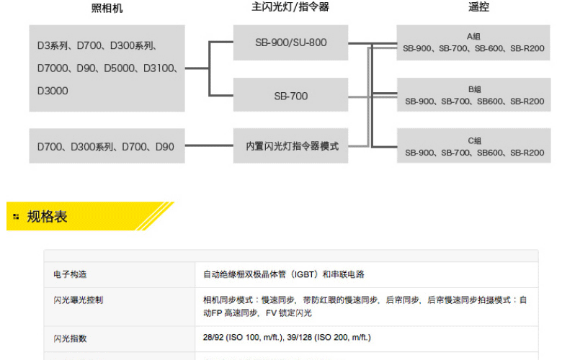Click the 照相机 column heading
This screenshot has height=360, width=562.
click(107, 8)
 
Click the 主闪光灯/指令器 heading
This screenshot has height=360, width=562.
click(290, 8)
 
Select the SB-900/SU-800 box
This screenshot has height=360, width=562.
click(290, 42)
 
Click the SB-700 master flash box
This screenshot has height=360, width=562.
click(290, 96)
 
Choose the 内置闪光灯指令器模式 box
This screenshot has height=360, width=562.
click(290, 146)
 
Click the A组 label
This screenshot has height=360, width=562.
click(474, 37)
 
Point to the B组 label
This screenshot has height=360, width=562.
click(474, 89)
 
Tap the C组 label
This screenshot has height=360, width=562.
click(474, 141)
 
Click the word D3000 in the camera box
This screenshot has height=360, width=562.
click(53, 91)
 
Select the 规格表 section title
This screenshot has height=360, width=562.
click(47, 217)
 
